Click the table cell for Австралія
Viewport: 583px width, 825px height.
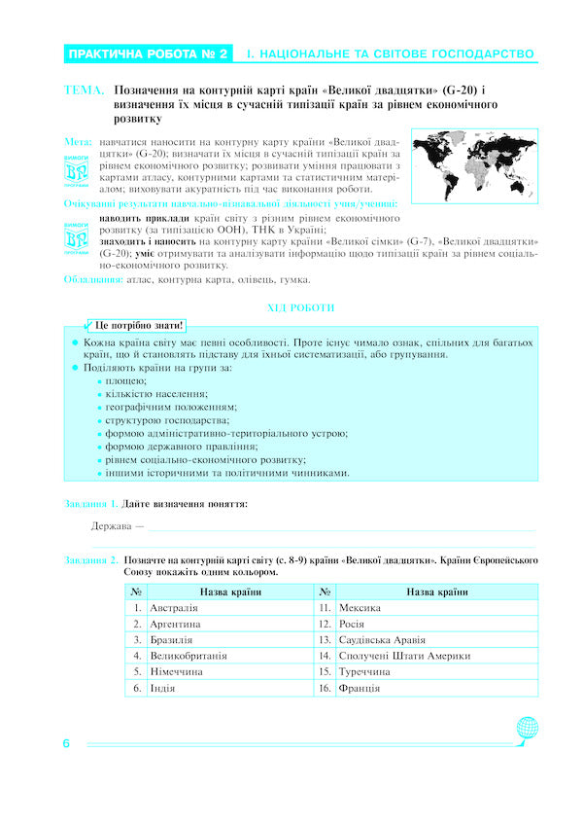coord(228,608)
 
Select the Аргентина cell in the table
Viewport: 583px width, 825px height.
coord(228,624)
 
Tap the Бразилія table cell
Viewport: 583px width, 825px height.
coord(228,640)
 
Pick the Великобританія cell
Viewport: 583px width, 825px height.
coord(228,656)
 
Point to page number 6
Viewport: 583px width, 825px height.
coord(67,744)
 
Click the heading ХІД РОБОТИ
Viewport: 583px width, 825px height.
coord(300,308)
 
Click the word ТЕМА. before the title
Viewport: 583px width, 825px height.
coord(85,90)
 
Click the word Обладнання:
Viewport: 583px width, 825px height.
coord(93,280)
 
